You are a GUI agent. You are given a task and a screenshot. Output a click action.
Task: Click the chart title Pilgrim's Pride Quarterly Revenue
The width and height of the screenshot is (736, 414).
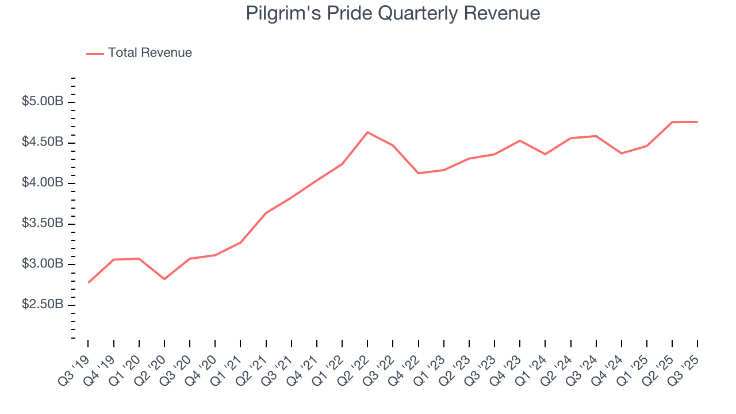coord(393,13)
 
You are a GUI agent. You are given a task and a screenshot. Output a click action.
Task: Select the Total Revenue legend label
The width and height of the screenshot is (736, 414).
coord(149,53)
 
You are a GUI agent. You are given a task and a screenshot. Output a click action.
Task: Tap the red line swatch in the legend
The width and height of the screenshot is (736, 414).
coord(95,53)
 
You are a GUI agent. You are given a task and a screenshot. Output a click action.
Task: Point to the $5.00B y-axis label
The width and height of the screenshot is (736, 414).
coord(42,102)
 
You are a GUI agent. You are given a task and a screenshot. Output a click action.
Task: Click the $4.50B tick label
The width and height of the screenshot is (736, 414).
coord(42,142)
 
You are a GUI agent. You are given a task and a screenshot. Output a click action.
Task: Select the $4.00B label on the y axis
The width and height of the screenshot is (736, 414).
coord(42,183)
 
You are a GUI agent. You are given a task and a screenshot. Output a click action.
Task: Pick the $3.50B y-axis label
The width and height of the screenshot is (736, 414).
coord(42,223)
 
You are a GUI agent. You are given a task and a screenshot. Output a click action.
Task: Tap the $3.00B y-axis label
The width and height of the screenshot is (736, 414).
coord(42,264)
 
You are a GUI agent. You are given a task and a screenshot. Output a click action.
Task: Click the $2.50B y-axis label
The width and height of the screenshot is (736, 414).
coord(42,304)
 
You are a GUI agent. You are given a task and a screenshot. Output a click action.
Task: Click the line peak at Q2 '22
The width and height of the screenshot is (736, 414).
coord(367,132)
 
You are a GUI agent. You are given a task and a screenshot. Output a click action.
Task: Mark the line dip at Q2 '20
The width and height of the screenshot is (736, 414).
coord(164,279)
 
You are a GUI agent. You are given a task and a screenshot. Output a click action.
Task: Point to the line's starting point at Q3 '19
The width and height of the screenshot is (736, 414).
coord(89,282)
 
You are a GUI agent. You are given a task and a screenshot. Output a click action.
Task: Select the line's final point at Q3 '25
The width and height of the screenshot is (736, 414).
coord(697,122)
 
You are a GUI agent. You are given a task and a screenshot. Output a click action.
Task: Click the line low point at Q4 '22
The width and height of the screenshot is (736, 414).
coord(418,173)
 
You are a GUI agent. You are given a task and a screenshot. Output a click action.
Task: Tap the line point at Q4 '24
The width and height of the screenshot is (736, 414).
coord(621,154)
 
